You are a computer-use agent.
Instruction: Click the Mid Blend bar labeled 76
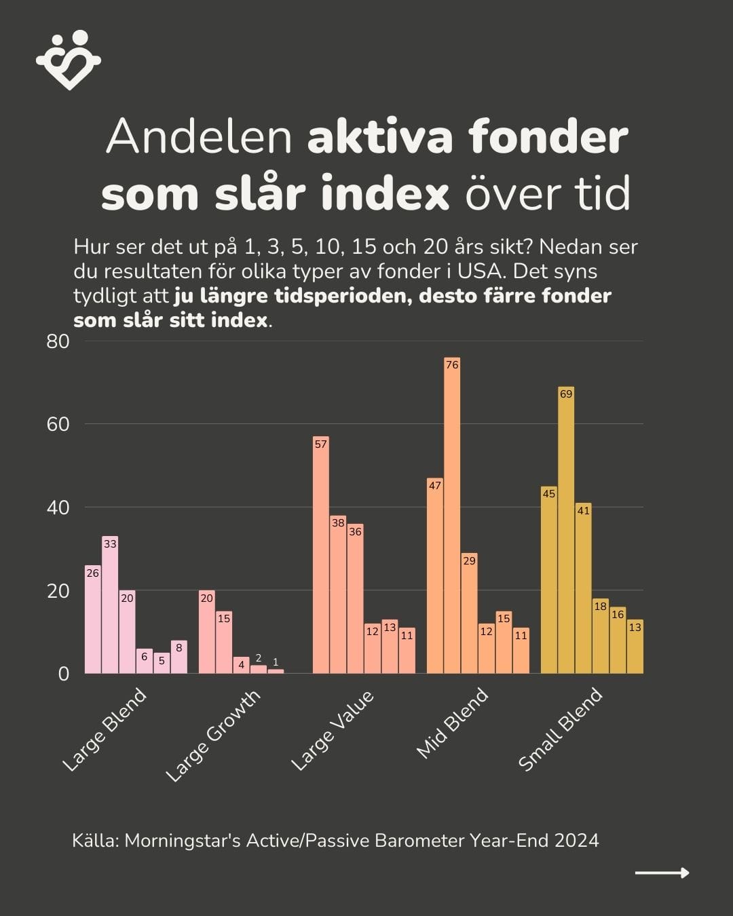click(x=452, y=516)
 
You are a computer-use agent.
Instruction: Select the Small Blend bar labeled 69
click(x=566, y=530)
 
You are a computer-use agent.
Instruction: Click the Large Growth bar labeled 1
click(x=276, y=670)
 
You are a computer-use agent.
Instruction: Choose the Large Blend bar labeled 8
click(x=179, y=657)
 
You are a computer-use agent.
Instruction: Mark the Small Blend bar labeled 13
click(x=635, y=646)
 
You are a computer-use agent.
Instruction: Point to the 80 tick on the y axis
click(x=58, y=341)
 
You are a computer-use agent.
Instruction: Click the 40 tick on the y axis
click(x=58, y=508)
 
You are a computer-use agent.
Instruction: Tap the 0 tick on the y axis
click(x=64, y=674)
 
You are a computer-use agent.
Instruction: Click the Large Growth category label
click(x=213, y=736)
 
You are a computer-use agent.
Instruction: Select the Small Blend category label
click(x=561, y=729)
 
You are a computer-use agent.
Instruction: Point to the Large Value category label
click(x=333, y=731)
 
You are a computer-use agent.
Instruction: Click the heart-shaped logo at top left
click(x=69, y=60)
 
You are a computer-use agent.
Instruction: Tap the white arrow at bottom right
click(x=662, y=873)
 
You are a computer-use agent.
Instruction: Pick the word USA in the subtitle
click(x=480, y=271)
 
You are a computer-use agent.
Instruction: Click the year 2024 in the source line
click(x=577, y=841)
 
